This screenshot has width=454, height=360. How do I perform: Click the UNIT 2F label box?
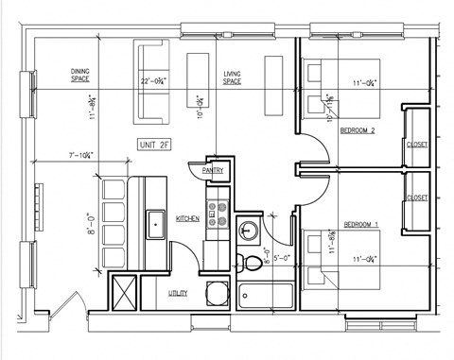[x=154, y=146]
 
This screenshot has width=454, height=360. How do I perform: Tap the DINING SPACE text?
[x=80, y=77]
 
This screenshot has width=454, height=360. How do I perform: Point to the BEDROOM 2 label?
[x=358, y=130]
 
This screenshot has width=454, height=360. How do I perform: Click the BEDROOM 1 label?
[x=359, y=224]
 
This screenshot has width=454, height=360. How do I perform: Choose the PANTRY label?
[x=216, y=170]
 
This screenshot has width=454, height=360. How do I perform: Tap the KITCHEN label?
[x=187, y=218]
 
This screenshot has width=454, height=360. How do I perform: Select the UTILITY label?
[x=178, y=293]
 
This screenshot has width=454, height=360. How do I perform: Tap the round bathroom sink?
[x=248, y=230]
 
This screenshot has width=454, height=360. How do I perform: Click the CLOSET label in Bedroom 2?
[x=417, y=145]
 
